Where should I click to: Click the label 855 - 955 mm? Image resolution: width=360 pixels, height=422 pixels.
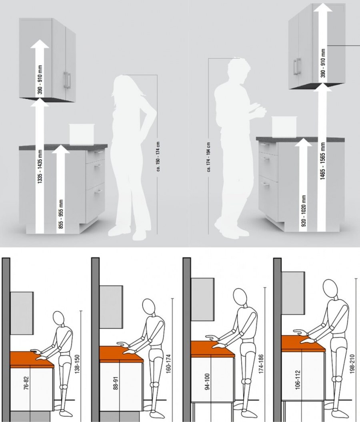pyautogui.click(x=61, y=214)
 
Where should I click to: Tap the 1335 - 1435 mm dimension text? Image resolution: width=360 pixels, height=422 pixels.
pyautogui.click(x=40, y=167)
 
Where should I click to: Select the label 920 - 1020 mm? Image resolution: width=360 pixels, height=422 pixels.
pyautogui.click(x=304, y=211)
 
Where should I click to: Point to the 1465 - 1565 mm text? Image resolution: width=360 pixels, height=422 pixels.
pyautogui.click(x=323, y=161)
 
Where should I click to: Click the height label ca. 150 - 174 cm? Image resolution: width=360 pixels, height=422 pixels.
pyautogui.click(x=158, y=157)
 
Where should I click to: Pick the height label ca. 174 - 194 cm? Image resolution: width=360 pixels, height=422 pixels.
pyautogui.click(x=209, y=157)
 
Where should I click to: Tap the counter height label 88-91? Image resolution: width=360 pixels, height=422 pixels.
pyautogui.click(x=116, y=383)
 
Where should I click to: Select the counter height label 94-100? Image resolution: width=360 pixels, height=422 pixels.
pyautogui.click(x=207, y=381)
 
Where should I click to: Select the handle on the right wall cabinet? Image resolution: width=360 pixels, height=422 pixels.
pyautogui.click(x=297, y=67)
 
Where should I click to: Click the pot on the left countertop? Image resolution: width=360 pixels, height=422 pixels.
pyautogui.click(x=82, y=134)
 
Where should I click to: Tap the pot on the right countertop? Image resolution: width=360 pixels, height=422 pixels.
pyautogui.click(x=284, y=127)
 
